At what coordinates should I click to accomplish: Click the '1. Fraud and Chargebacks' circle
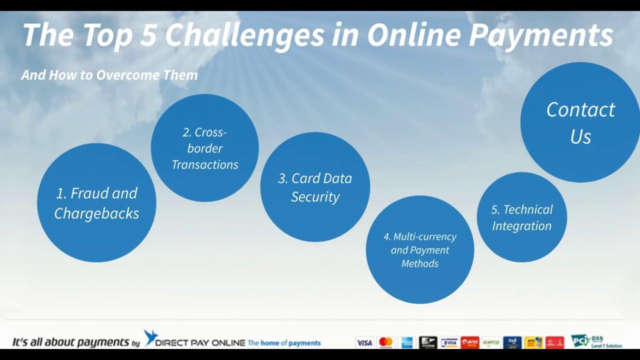pyautogui.click(x=96, y=202)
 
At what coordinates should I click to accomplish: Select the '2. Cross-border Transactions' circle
pyautogui.click(x=205, y=148)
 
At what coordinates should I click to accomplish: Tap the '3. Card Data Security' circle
pyautogui.click(x=315, y=187)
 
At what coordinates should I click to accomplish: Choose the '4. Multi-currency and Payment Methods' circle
pyautogui.click(x=420, y=249)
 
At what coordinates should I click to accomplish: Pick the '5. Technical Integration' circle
pyautogui.click(x=522, y=217)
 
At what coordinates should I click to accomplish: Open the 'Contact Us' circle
pyautogui.click(x=580, y=122)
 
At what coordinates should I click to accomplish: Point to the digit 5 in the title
pyautogui.click(x=148, y=34)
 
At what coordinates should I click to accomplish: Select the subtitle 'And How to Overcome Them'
pyautogui.click(x=109, y=75)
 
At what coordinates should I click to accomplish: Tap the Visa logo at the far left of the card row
pyautogui.click(x=364, y=342)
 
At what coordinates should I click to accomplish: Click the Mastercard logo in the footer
pyautogui.click(x=385, y=342)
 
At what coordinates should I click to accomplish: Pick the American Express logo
pyautogui.click(x=406, y=342)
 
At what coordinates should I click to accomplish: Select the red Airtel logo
pyautogui.click(x=470, y=342)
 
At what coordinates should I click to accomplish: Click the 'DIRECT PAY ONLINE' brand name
pyautogui.click(x=200, y=343)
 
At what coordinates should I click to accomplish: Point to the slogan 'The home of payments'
pyautogui.click(x=284, y=343)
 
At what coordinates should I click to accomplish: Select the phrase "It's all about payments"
pyautogui.click(x=70, y=342)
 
